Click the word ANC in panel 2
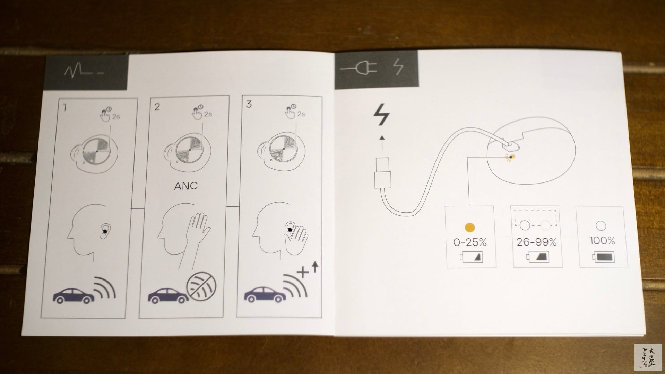point(186,186)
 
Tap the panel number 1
point(64,107)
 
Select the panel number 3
point(249,104)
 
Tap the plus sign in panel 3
point(303,273)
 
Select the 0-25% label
point(470,242)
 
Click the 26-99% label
point(536,242)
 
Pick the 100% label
point(602,241)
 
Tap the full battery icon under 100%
point(603,257)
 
